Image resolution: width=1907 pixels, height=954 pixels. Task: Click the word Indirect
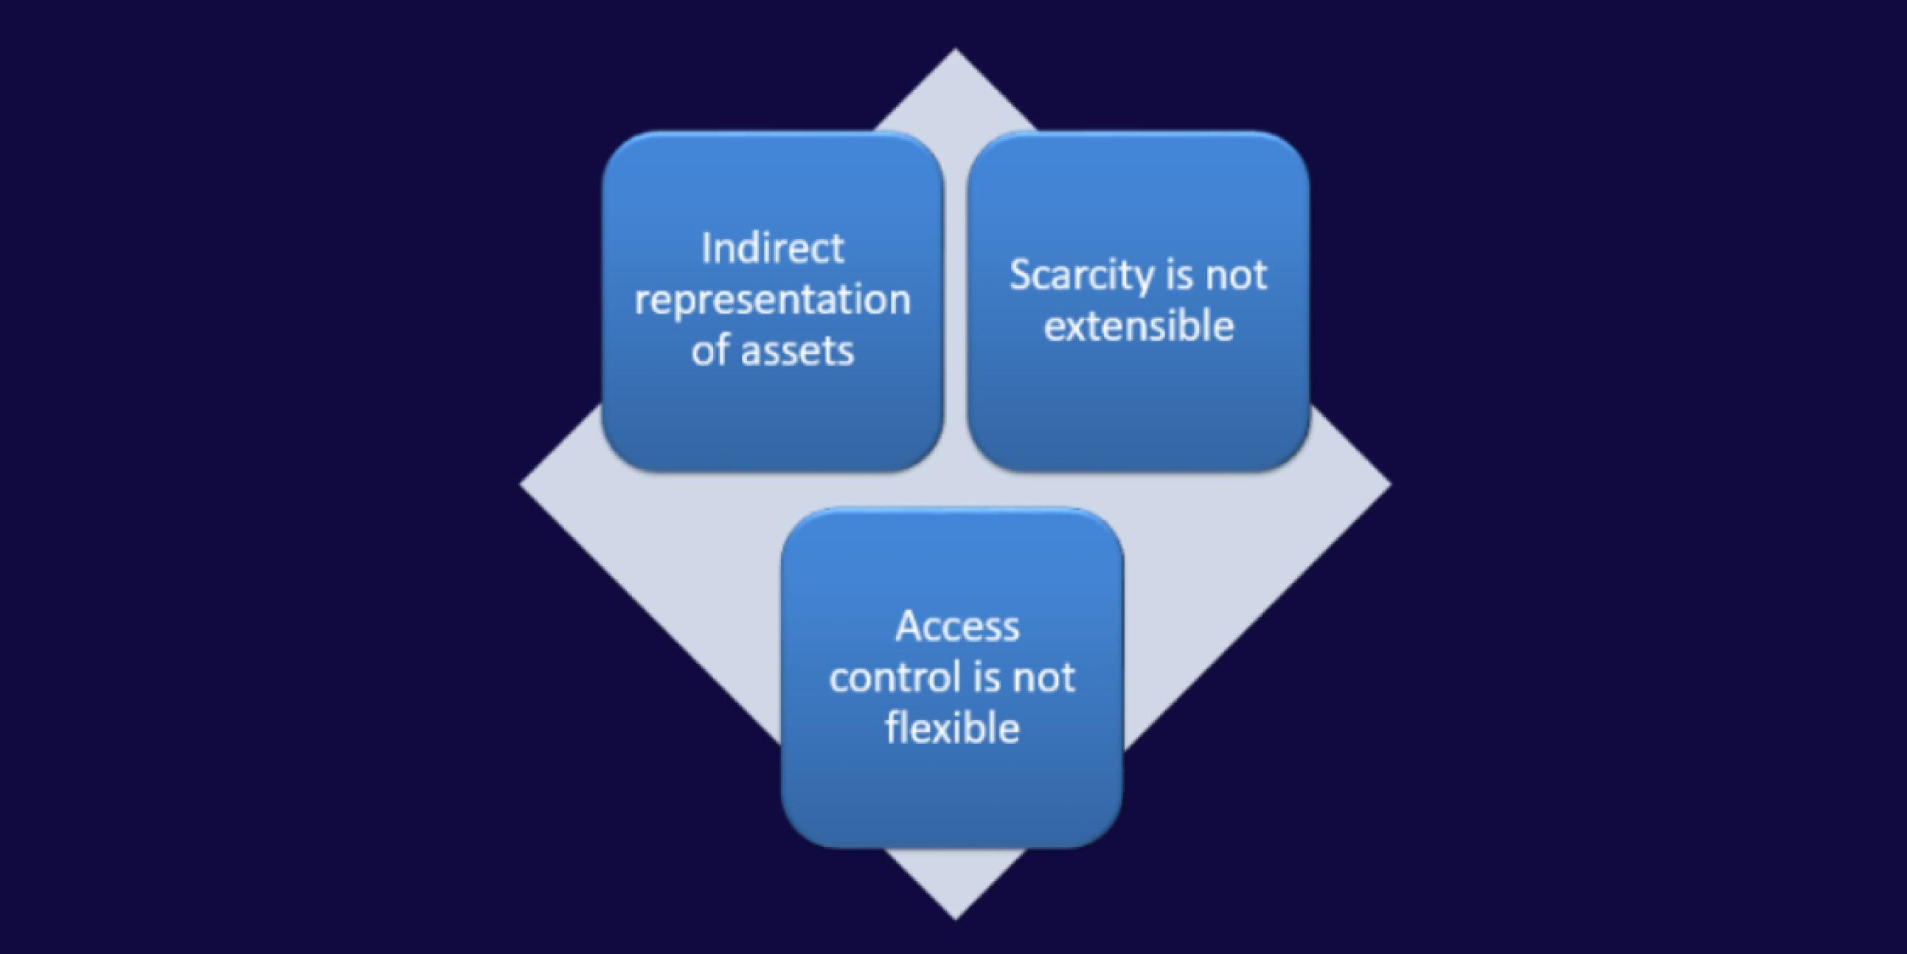click(x=772, y=248)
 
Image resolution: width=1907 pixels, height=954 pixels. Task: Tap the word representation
click(x=772, y=300)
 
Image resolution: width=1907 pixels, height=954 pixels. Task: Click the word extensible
click(x=1139, y=326)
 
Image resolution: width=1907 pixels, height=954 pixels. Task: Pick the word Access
click(x=956, y=626)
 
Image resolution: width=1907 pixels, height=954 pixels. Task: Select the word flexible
click(x=952, y=727)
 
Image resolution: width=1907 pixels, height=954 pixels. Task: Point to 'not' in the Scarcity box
click(x=1236, y=275)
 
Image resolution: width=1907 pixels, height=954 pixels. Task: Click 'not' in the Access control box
click(x=1044, y=677)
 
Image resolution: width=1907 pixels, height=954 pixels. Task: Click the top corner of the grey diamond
click(x=954, y=53)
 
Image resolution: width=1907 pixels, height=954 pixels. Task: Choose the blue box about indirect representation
click(x=772, y=415)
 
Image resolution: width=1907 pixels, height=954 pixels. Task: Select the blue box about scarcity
click(x=1138, y=415)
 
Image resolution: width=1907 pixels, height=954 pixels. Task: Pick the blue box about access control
click(x=952, y=792)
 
